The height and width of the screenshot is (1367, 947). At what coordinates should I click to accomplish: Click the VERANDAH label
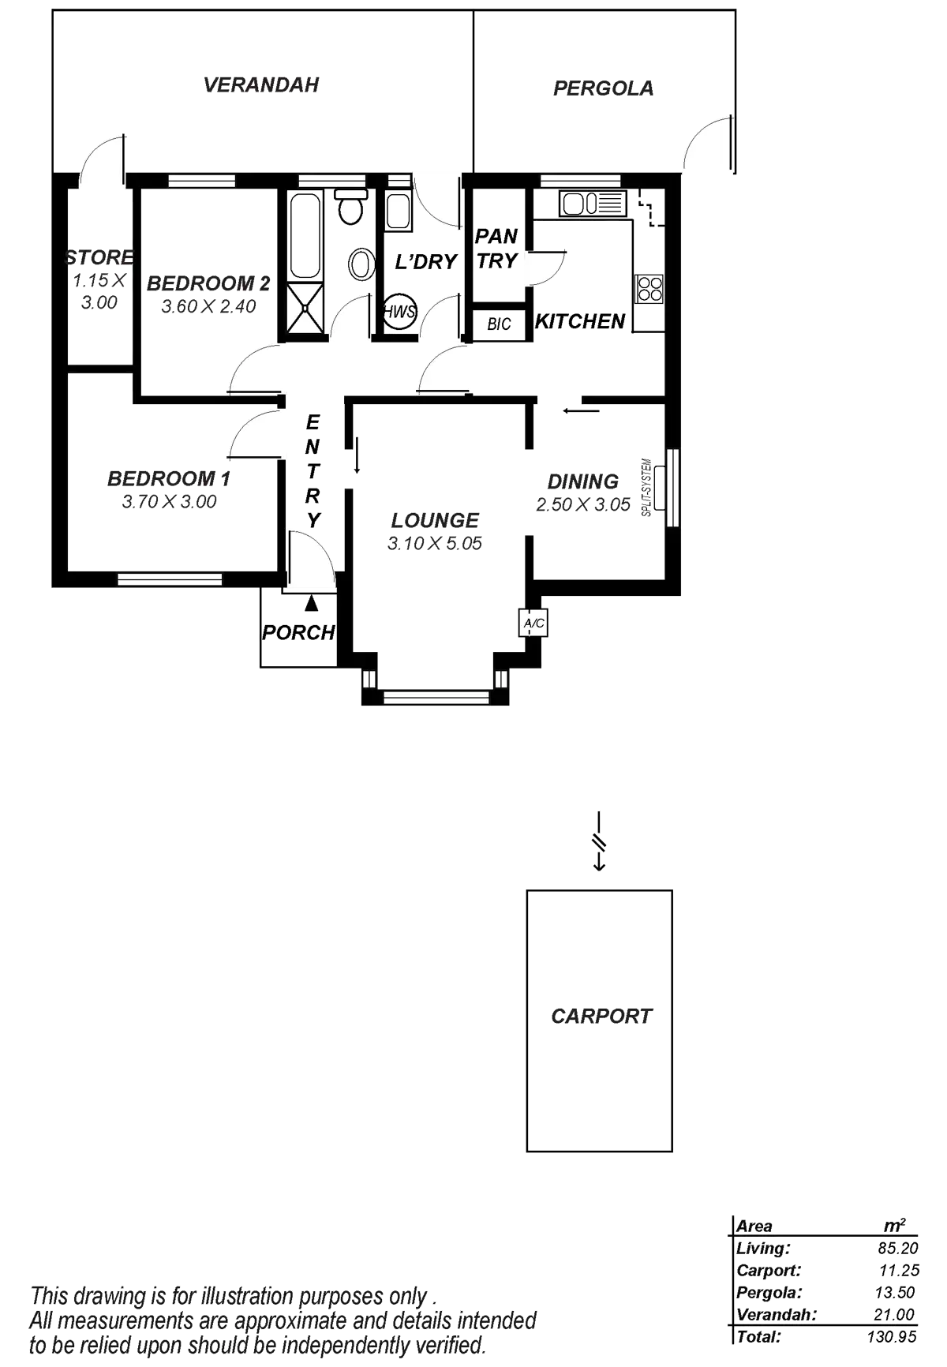pyautogui.click(x=261, y=85)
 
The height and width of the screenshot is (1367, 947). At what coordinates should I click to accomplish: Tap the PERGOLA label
pyautogui.click(x=604, y=88)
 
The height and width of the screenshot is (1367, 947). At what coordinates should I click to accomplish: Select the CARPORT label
pyautogui.click(x=601, y=1015)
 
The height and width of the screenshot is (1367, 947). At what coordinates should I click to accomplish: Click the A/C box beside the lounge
pyautogui.click(x=533, y=624)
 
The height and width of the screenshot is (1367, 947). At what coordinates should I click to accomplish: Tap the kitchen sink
pyautogui.click(x=592, y=204)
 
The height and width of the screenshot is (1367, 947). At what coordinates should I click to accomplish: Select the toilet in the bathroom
pyautogui.click(x=350, y=208)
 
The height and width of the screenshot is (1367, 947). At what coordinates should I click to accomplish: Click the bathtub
pyautogui.click(x=305, y=236)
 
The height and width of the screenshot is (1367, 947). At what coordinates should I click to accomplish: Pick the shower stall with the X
pyautogui.click(x=305, y=309)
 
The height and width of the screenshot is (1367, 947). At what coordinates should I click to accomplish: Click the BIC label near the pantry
pyautogui.click(x=499, y=324)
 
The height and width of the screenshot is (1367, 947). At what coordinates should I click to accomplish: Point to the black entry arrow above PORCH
pyautogui.click(x=313, y=604)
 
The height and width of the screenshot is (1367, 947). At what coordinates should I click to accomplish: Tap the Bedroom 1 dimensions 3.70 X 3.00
pyautogui.click(x=170, y=501)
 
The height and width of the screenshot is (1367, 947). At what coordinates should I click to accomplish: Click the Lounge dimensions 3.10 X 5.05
pyautogui.click(x=435, y=544)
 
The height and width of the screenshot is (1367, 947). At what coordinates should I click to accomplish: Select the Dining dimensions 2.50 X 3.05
pyautogui.click(x=584, y=504)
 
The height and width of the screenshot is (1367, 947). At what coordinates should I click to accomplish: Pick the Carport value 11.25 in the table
pyautogui.click(x=899, y=1271)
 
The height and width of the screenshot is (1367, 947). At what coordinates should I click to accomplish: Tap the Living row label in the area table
pyautogui.click(x=762, y=1249)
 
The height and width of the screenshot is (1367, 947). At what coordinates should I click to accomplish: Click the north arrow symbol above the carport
pyautogui.click(x=600, y=841)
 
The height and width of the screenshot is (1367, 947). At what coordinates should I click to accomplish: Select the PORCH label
pyautogui.click(x=298, y=632)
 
